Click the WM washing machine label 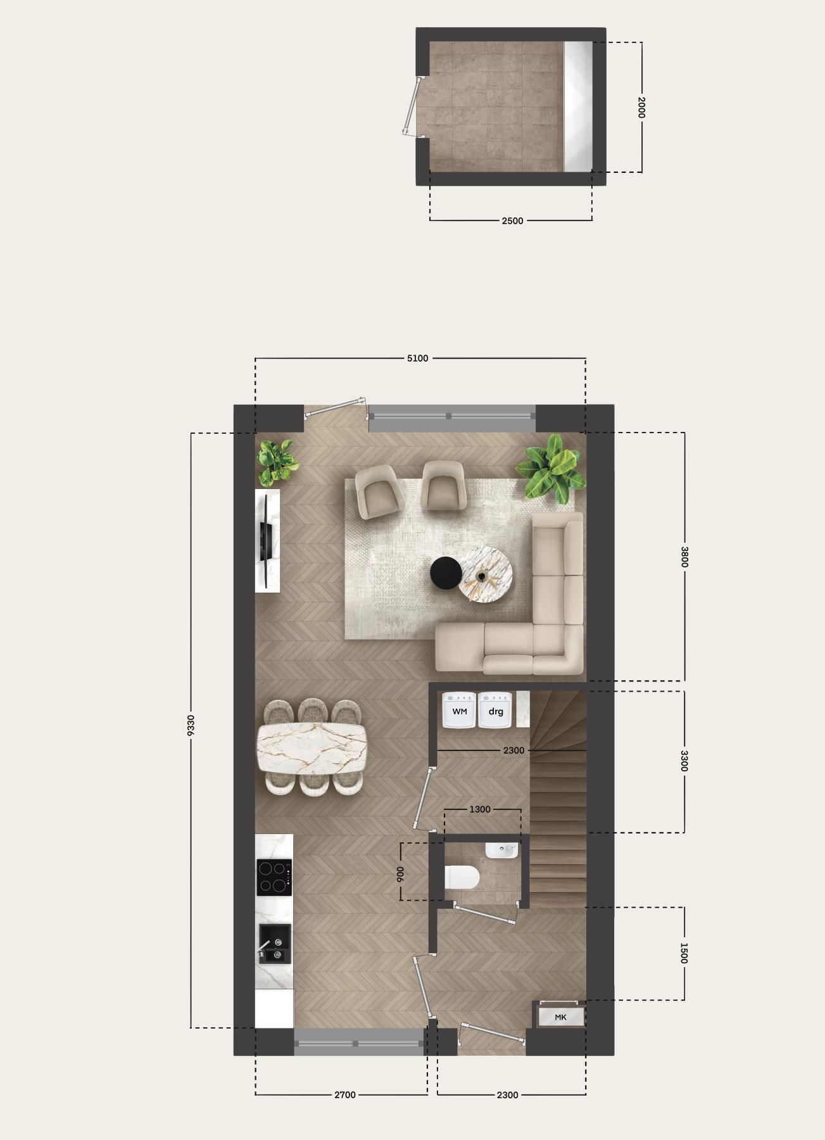pyautogui.click(x=460, y=711)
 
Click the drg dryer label pyautogui.click(x=496, y=711)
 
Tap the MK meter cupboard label pyautogui.click(x=560, y=1017)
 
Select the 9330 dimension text pyautogui.click(x=191, y=725)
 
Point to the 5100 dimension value pyautogui.click(x=417, y=358)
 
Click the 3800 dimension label pyautogui.click(x=684, y=557)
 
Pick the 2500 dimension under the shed pyautogui.click(x=512, y=220)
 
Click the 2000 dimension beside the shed pyautogui.click(x=641, y=107)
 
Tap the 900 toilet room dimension pyautogui.click(x=400, y=875)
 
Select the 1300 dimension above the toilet pyautogui.click(x=480, y=809)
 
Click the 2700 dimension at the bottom pyautogui.click(x=345, y=1094)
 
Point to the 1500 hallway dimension pyautogui.click(x=683, y=953)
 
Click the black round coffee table pyautogui.click(x=446, y=572)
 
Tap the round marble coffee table pyautogui.click(x=485, y=573)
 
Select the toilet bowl pyautogui.click(x=462, y=878)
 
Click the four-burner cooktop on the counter pyautogui.click(x=274, y=877)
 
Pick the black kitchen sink pyautogui.click(x=275, y=944)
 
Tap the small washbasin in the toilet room pyautogui.click(x=501, y=849)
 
